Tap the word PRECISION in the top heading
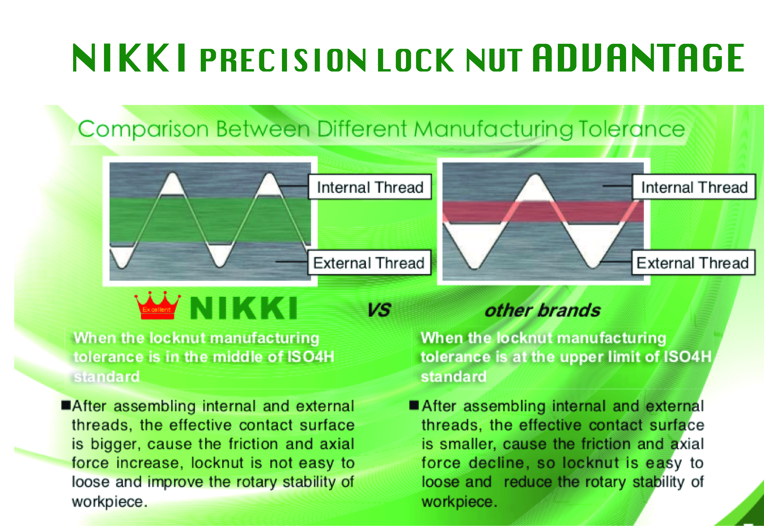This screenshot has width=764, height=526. click(283, 60)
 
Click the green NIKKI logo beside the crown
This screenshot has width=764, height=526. click(244, 308)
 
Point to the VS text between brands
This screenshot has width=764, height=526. click(379, 310)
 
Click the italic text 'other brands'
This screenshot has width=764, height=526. click(542, 310)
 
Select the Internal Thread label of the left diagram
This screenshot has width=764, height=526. click(370, 187)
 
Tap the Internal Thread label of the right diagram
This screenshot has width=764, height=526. click(694, 187)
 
